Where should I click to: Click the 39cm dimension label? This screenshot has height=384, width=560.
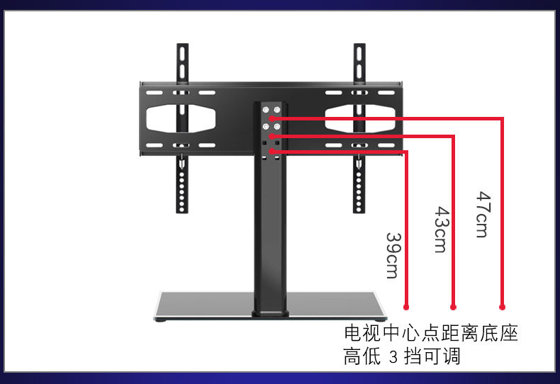point(392,255)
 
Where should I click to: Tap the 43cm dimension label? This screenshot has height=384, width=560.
point(440,230)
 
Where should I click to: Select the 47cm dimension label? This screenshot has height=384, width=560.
point(482,214)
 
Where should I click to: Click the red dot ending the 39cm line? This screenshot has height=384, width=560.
point(406,307)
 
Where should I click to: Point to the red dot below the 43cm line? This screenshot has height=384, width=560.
point(453,307)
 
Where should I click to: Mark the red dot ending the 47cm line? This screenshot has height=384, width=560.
point(502,307)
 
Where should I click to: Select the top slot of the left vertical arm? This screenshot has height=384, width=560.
point(183,56)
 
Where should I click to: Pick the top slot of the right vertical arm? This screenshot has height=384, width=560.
point(359,56)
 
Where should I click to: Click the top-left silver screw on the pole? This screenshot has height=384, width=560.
point(265,111)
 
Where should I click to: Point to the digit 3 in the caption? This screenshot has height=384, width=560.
point(394,357)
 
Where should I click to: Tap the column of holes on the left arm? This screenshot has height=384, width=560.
point(183,188)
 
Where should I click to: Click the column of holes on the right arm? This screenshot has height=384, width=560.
point(359,188)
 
